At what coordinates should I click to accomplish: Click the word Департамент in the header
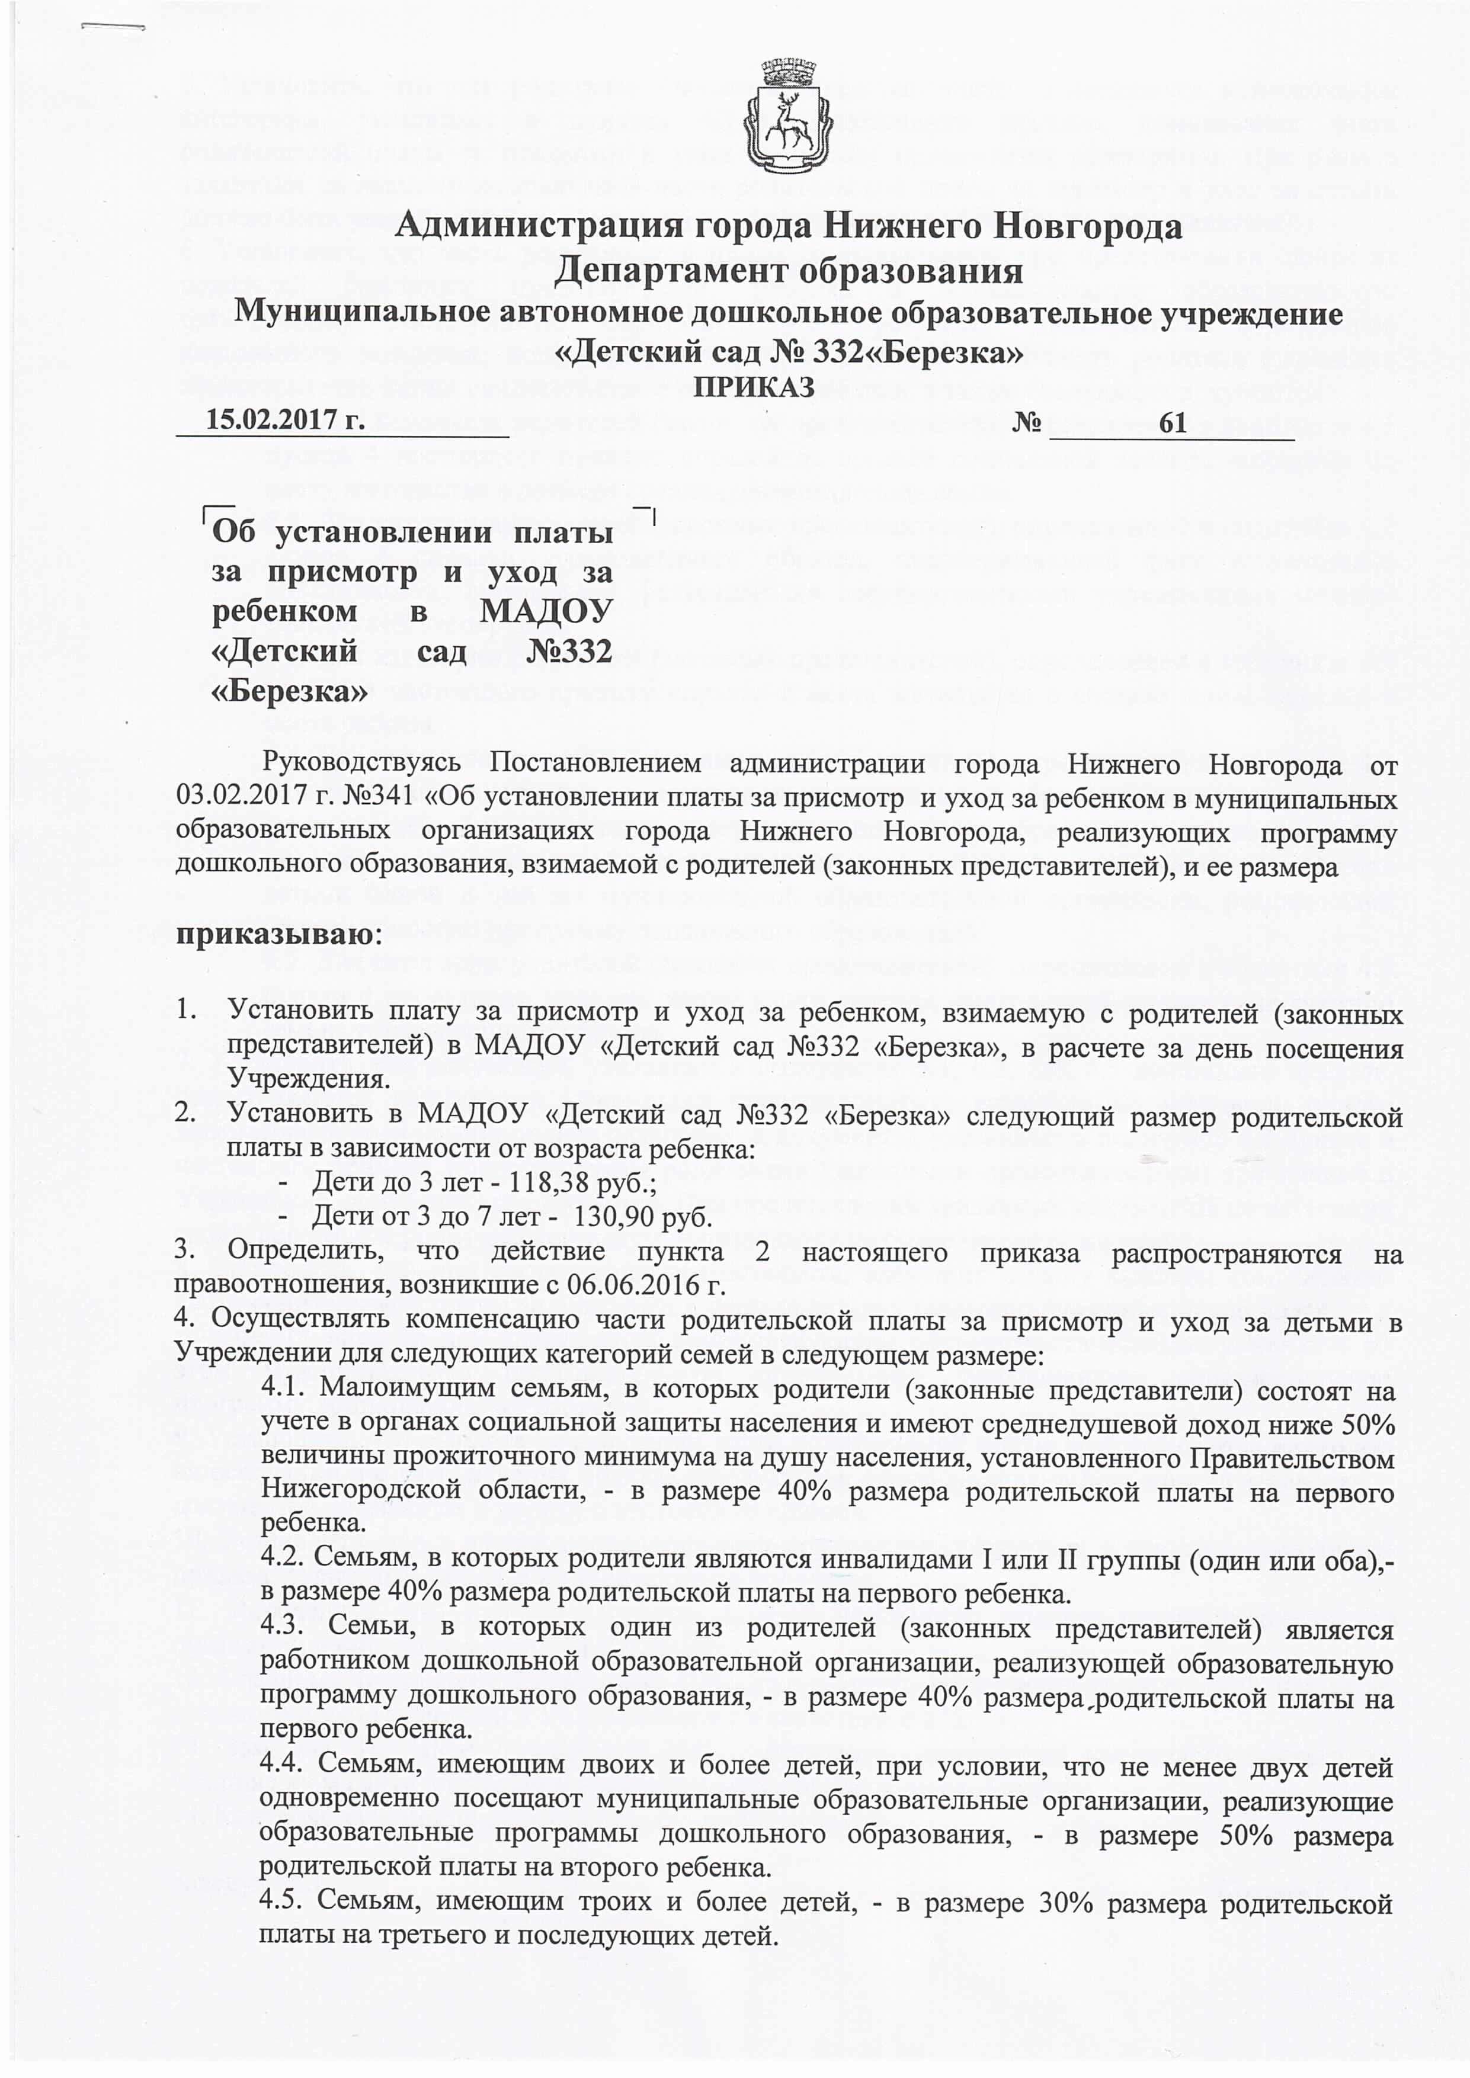665,271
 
